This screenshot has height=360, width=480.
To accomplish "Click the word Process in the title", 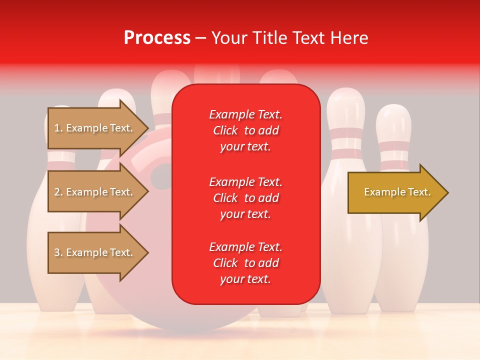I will [x=157, y=37].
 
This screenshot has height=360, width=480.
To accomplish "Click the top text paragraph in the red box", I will [x=245, y=130].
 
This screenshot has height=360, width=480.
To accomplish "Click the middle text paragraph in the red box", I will [x=245, y=197].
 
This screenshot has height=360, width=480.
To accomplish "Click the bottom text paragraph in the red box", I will [x=245, y=263].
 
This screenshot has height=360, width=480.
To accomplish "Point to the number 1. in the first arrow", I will [x=58, y=128].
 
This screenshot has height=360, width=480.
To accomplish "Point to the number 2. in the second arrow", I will [x=58, y=192].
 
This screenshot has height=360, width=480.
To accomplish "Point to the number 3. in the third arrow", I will [x=58, y=252].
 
